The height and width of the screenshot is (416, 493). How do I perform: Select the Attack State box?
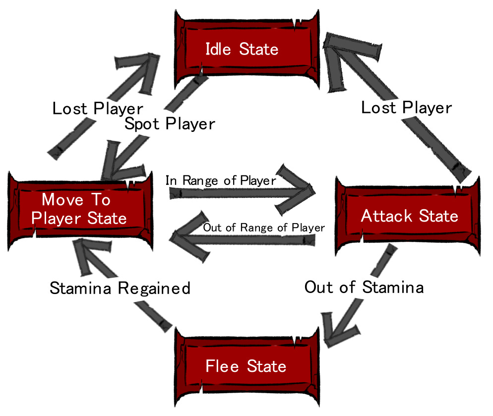pos(409,217)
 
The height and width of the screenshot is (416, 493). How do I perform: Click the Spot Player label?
pos(170,123)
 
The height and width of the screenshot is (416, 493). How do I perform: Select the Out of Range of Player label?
pos(264,228)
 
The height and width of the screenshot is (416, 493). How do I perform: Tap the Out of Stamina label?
pos(364,287)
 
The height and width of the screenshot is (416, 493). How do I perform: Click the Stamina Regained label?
pos(120,288)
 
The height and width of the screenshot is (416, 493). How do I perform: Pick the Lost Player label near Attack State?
pos(406,108)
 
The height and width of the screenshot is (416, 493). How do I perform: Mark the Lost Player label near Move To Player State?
pos(98,108)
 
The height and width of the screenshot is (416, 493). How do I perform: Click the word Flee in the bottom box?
pos(219,366)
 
